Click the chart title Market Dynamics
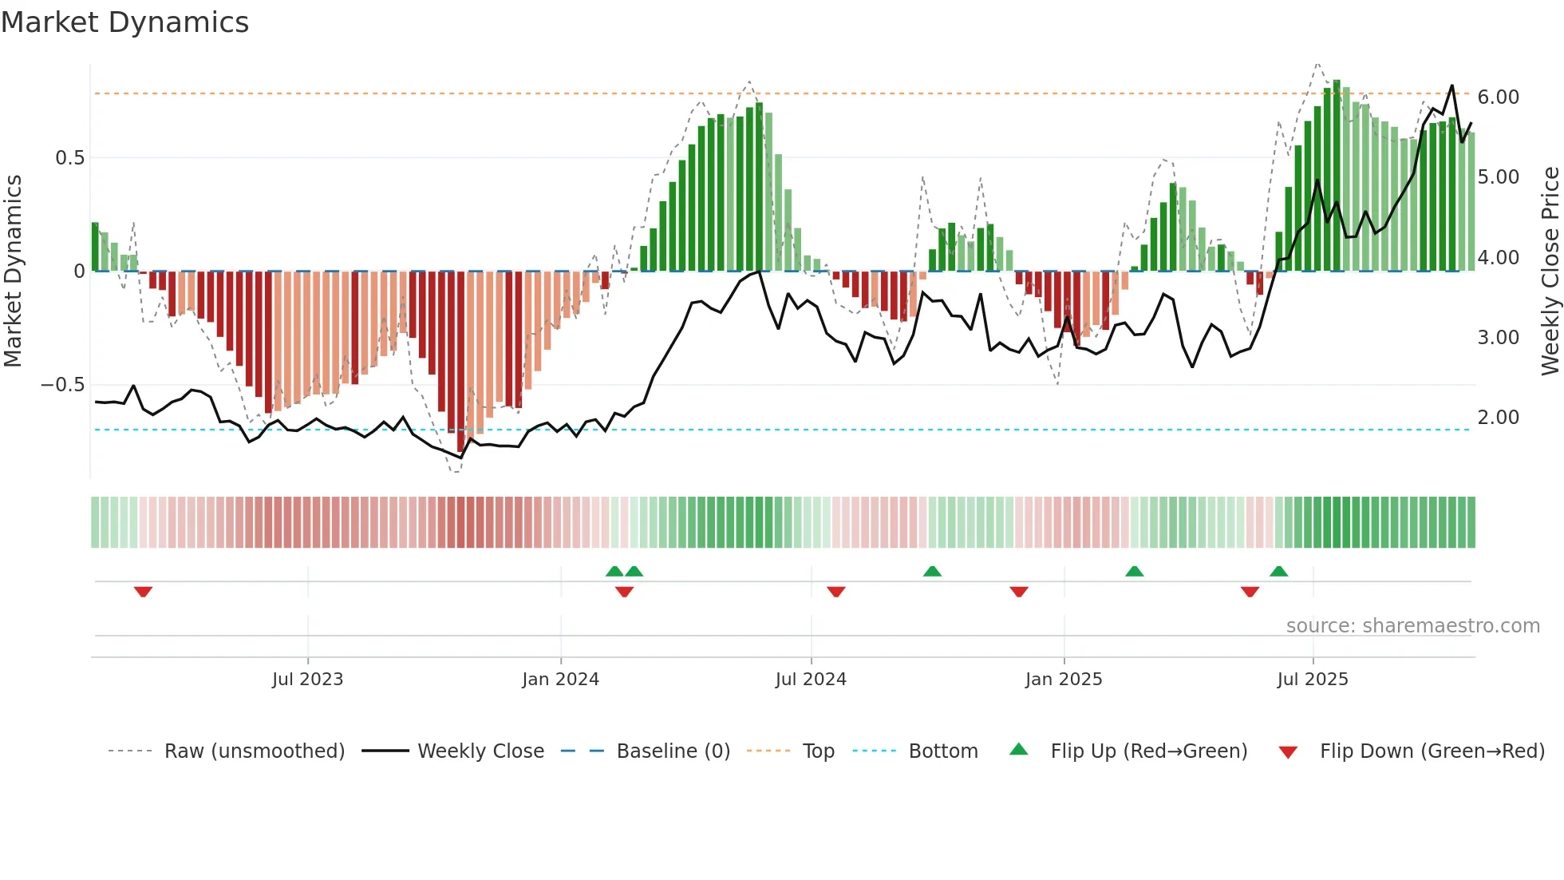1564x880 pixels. [124, 22]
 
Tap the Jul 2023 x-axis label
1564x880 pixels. [307, 680]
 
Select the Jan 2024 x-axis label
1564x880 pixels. [560, 680]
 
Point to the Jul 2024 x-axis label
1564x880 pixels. [811, 680]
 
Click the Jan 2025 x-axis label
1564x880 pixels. [1064, 680]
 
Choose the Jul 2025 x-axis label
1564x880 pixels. [1313, 680]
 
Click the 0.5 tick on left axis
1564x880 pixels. [69, 158]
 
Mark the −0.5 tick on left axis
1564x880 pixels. [63, 385]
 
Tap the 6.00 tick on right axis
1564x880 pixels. [1498, 97]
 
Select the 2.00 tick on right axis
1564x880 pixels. [1498, 418]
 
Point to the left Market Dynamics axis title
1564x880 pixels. [13, 272]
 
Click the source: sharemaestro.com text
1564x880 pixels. [1412, 626]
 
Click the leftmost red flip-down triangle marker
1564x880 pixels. [143, 592]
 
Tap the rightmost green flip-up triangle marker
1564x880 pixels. [1278, 571]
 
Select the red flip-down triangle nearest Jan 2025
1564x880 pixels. [1019, 592]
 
